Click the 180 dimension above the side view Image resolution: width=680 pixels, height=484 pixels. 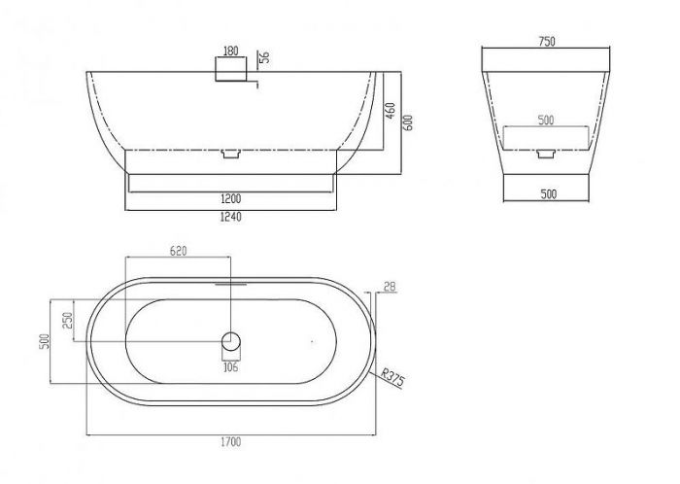231,51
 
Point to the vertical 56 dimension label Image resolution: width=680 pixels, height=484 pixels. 264,57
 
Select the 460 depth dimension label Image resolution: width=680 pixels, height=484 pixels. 391,111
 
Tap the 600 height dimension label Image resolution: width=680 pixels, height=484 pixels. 408,122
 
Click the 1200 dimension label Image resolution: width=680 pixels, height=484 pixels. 231,199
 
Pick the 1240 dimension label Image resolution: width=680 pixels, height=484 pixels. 231,217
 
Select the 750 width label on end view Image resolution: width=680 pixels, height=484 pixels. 546,42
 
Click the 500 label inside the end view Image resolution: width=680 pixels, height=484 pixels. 546,120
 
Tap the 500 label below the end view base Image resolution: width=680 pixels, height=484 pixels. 549,193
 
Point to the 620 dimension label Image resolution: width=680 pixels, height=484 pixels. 178,251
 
